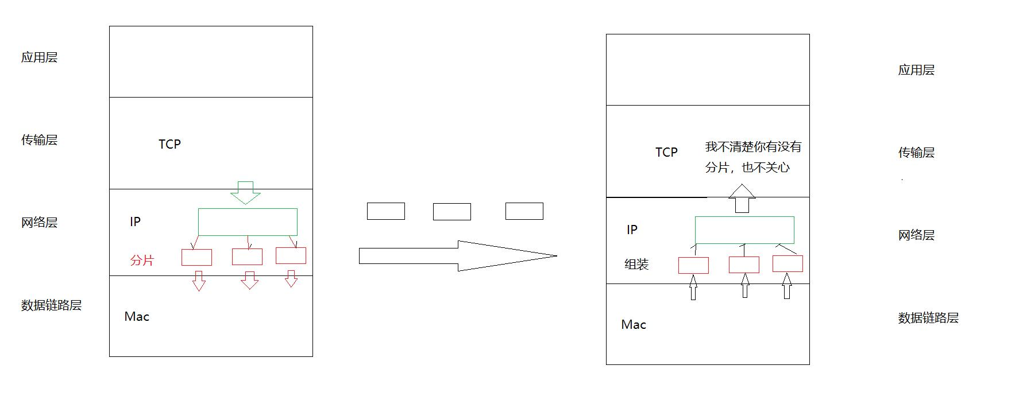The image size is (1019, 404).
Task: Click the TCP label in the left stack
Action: tap(169, 144)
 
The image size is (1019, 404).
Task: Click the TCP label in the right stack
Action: tap(666, 152)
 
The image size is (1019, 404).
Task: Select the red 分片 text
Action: tap(142, 261)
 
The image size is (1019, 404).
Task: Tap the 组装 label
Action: tap(636, 265)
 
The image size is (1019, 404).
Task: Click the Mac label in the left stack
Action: tap(137, 316)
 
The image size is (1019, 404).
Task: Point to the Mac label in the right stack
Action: tap(634, 324)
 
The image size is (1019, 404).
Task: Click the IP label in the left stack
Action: tap(135, 222)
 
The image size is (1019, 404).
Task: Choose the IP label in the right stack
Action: tap(632, 230)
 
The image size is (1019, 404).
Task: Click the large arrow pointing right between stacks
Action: tap(457, 256)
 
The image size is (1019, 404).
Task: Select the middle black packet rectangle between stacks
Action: tap(451, 211)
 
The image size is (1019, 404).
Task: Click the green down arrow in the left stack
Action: tap(245, 193)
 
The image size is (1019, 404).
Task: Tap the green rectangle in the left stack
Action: tap(248, 222)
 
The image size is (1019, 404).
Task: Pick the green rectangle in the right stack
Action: tap(744, 230)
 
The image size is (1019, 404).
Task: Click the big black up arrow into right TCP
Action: tap(742, 199)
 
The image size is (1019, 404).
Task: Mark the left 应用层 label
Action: tap(39, 57)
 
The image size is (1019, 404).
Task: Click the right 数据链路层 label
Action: tap(928, 318)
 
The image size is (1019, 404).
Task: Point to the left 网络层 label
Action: tap(39, 223)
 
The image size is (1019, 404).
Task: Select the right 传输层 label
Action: tap(916, 153)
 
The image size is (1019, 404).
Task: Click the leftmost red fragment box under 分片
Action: tap(196, 257)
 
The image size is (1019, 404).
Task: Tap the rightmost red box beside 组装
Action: tap(788, 263)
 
